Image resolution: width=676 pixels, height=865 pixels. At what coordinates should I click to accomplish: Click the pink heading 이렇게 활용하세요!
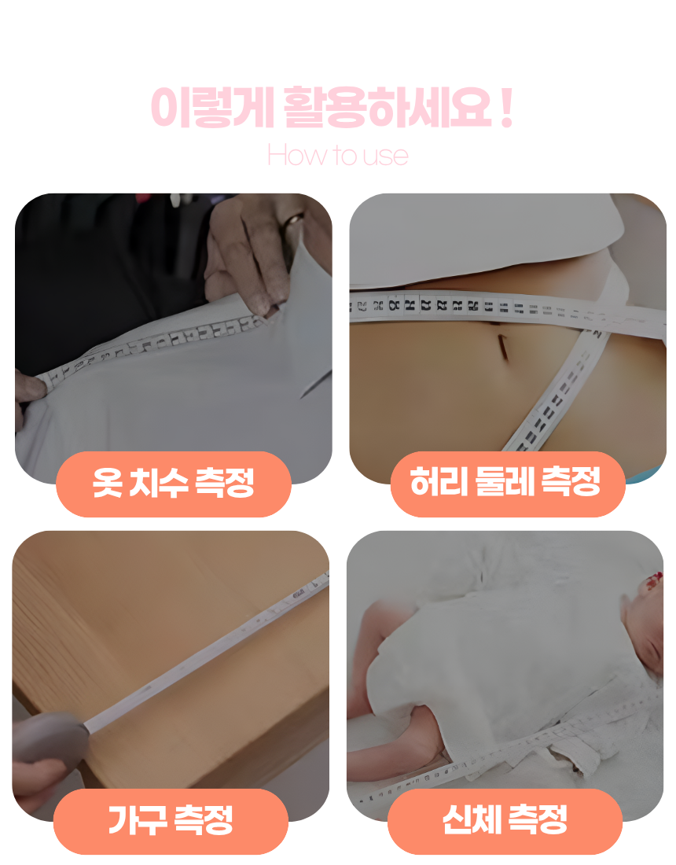click(x=331, y=108)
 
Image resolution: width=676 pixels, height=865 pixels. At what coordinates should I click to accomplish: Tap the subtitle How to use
click(x=337, y=155)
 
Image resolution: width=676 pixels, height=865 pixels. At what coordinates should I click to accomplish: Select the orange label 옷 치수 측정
click(x=174, y=483)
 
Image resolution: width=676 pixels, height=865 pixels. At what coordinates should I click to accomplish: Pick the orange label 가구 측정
click(x=171, y=820)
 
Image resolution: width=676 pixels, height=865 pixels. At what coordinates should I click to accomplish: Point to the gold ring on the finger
click(x=294, y=219)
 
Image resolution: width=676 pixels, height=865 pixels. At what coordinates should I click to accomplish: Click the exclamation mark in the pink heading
click(x=505, y=108)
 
